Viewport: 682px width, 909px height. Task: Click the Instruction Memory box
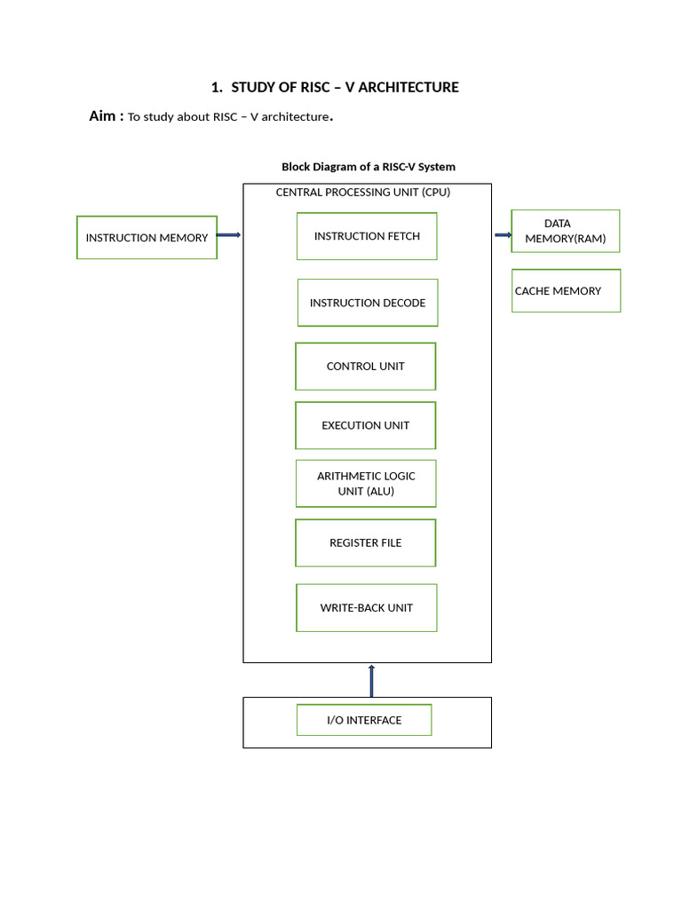[x=147, y=237]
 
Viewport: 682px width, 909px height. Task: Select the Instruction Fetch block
[x=367, y=236]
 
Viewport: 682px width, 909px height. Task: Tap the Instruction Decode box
[x=368, y=303]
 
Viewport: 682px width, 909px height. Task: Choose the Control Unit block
[x=366, y=366]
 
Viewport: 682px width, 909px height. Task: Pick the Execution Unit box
[x=366, y=425]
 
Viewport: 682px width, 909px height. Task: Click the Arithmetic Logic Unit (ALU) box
[x=366, y=483]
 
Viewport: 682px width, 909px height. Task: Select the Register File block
[x=366, y=542]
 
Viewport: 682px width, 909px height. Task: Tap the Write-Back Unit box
[x=367, y=608]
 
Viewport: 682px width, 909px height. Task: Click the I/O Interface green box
[x=364, y=720]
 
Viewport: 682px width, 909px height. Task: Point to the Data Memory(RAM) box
[x=566, y=231]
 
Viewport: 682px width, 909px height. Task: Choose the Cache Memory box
[x=566, y=290]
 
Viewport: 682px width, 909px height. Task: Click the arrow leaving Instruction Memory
[x=229, y=235]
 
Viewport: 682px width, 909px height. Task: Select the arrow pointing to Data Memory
[x=503, y=235]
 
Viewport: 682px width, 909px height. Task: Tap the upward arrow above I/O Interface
[x=371, y=680]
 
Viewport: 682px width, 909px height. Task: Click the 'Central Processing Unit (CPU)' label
[x=363, y=193]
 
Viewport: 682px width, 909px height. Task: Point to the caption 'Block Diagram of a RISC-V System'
[x=369, y=167]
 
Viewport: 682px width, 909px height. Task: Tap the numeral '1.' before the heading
[x=217, y=87]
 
